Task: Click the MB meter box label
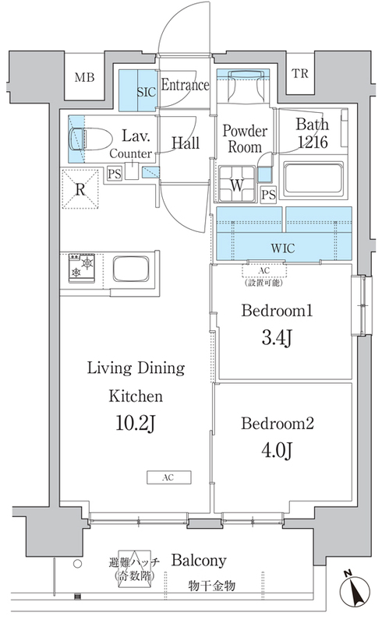coord(84,76)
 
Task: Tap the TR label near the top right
coord(300,73)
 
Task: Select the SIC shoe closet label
coord(146,92)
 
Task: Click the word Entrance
coord(185,85)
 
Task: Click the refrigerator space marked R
coord(80,189)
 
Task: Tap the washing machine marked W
coord(237,185)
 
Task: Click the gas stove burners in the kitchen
coord(82,268)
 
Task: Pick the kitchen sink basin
coord(131,269)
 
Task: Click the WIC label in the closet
coord(283,248)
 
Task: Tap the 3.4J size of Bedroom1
coord(278,338)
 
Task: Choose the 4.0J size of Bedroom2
coord(278,451)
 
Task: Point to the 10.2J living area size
coord(135,424)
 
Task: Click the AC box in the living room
coord(168,477)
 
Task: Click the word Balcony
coord(199,560)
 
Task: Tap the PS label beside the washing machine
coord(269,195)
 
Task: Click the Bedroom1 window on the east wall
coord(362,305)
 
